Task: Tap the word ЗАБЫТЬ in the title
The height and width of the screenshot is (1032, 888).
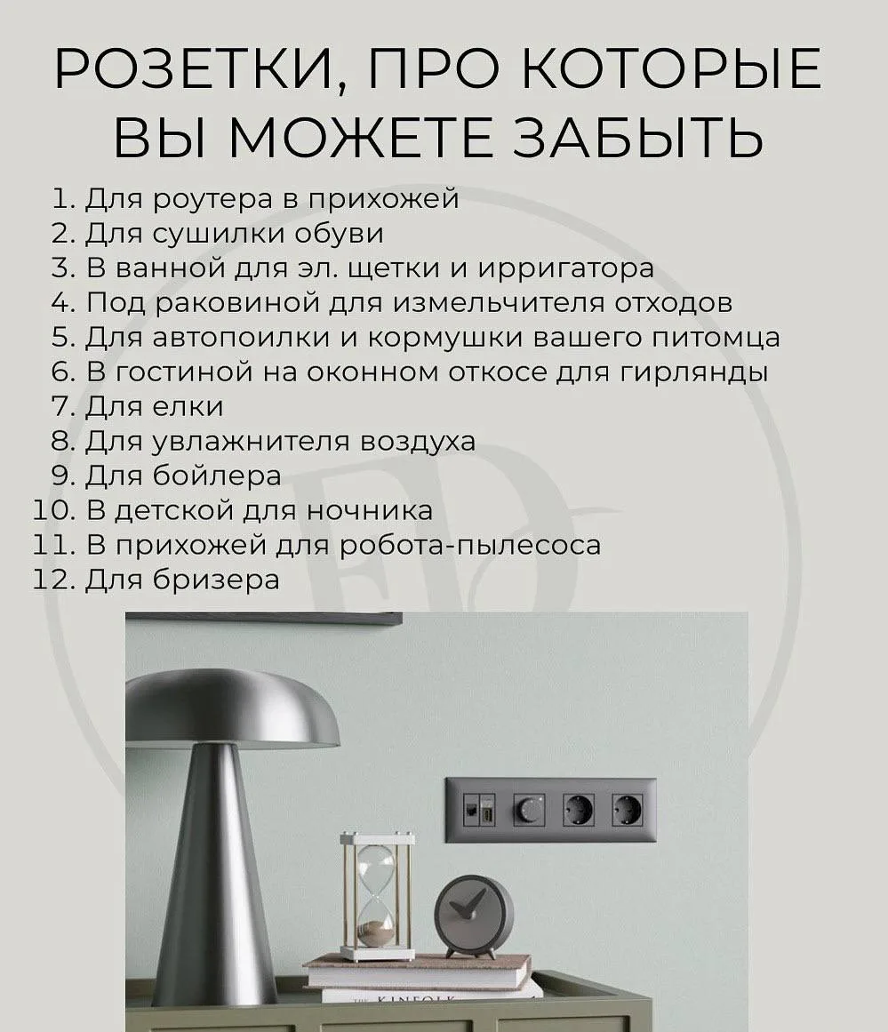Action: coord(638,137)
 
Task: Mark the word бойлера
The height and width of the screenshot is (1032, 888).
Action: coord(217,476)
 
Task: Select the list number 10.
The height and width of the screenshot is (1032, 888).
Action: coord(54,511)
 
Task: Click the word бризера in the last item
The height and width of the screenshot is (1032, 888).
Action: coord(216,580)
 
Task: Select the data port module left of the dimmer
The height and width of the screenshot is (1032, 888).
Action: coord(479,809)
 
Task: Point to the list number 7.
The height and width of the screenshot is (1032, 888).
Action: coord(64,407)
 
